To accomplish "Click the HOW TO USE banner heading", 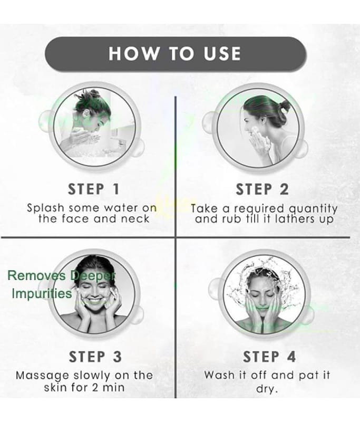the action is tap(175, 53).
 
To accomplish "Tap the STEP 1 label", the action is tap(94, 189).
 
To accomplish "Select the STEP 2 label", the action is tap(262, 189).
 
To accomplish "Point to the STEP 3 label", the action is tap(95, 357).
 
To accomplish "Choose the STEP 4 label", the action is tap(269, 357).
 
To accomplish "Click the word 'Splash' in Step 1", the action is tap(46, 208).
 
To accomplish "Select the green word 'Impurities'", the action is tap(42, 293).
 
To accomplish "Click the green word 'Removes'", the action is tap(36, 275).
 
